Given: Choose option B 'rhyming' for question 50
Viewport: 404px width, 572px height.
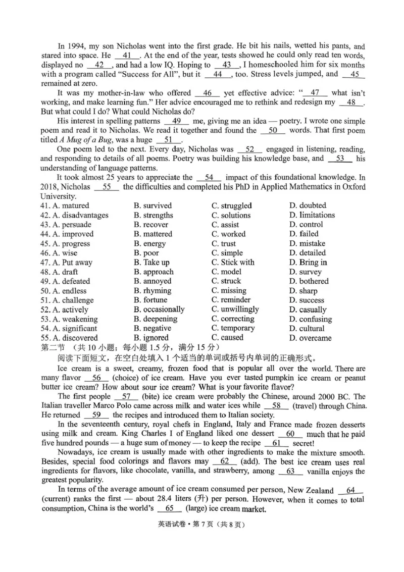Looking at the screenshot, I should coord(153,291).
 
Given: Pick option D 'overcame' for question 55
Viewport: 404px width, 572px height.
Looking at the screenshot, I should coord(311,338).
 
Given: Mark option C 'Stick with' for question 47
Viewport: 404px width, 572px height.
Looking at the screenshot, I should coord(233,263).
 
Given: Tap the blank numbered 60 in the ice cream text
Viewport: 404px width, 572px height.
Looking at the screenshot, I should coord(290,434).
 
